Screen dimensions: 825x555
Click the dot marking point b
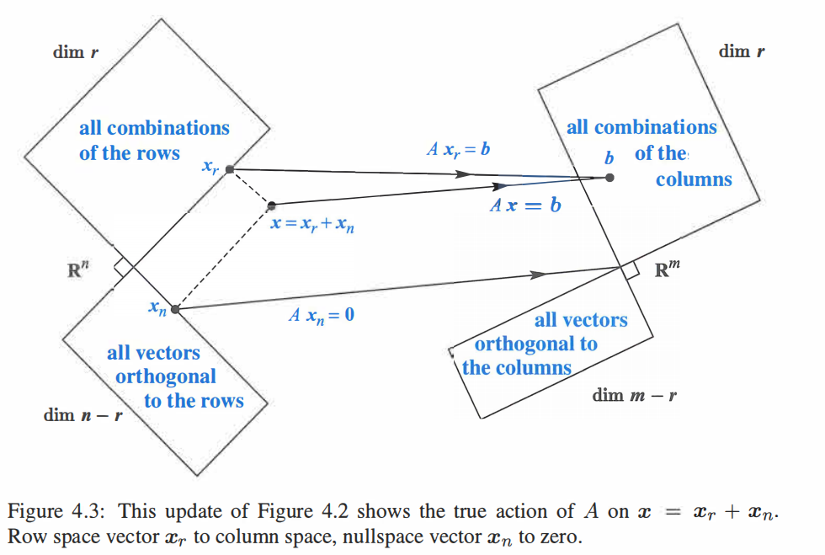[609, 178]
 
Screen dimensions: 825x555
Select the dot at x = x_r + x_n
[271, 205]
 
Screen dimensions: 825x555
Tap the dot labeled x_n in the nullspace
[175, 310]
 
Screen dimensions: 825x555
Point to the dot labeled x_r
[229, 169]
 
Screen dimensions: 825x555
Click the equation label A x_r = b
[458, 150]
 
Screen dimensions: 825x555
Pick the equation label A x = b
[525, 205]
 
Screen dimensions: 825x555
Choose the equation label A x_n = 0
[322, 316]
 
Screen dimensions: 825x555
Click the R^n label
[77, 269]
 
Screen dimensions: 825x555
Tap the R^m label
[667, 269]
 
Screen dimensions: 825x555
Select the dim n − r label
[82, 415]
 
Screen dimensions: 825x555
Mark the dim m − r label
[634, 396]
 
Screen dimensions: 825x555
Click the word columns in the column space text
[694, 179]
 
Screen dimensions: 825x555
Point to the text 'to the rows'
[194, 401]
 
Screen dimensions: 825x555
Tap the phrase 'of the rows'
[130, 153]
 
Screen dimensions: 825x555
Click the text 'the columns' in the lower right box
[517, 367]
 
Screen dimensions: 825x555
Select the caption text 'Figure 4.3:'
[56, 511]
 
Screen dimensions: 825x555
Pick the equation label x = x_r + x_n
[312, 224]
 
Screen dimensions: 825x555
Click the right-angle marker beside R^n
[123, 268]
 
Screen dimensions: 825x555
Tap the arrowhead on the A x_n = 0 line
[538, 275]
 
